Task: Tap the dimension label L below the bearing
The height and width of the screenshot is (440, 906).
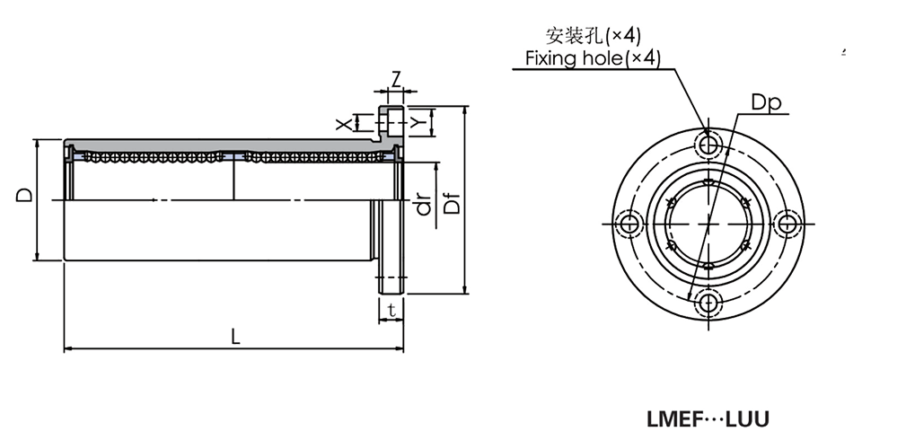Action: click(x=235, y=337)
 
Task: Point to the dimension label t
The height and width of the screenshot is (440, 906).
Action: click(x=391, y=311)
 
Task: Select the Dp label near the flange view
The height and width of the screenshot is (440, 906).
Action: click(x=767, y=103)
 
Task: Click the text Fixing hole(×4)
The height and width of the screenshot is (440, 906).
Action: click(x=593, y=58)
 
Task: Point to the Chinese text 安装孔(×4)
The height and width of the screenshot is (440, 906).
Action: click(x=594, y=36)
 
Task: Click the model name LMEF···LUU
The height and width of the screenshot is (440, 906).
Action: click(x=708, y=418)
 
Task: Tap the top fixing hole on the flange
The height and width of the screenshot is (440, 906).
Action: click(x=709, y=144)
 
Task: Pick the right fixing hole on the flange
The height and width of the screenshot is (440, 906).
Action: click(x=788, y=223)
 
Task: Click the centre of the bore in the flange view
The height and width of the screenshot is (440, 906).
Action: click(x=709, y=223)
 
